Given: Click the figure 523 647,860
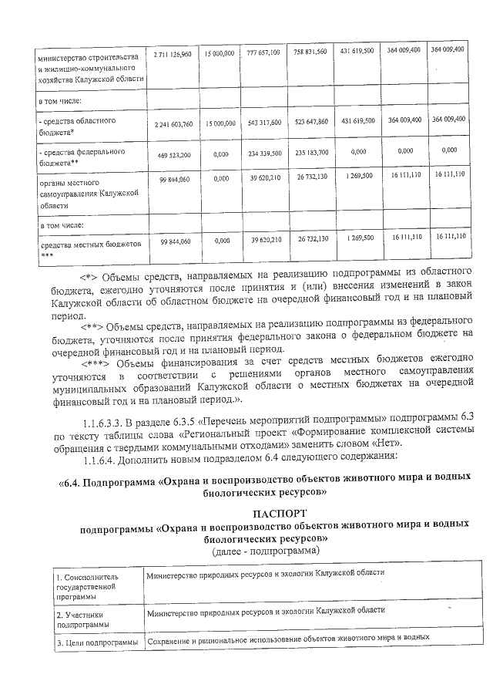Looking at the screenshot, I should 310,122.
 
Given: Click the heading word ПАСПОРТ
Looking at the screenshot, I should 279,513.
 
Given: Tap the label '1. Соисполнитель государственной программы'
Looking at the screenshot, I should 86,585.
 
